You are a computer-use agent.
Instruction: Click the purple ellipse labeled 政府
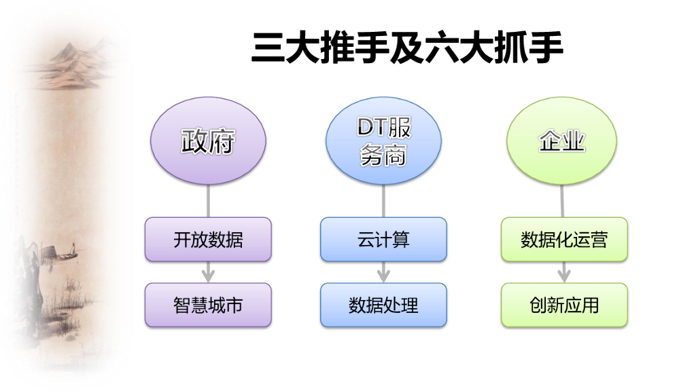click(208, 141)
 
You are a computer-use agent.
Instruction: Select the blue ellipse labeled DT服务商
click(384, 141)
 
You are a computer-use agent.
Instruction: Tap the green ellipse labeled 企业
click(562, 141)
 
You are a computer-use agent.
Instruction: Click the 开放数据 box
click(208, 239)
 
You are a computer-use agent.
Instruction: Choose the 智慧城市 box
click(208, 305)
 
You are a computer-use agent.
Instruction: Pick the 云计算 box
click(384, 239)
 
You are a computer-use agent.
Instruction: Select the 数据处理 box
click(384, 305)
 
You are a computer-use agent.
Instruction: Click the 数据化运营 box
click(564, 239)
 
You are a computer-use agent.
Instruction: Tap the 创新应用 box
click(564, 305)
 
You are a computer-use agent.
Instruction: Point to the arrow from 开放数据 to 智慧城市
click(208, 272)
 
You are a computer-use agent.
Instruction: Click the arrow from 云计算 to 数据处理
click(384, 272)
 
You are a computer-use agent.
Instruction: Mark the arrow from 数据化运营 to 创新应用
click(564, 272)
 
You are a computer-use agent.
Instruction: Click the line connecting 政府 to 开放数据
click(208, 201)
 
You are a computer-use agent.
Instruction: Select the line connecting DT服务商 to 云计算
click(384, 201)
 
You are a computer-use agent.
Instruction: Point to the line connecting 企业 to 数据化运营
click(562, 201)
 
